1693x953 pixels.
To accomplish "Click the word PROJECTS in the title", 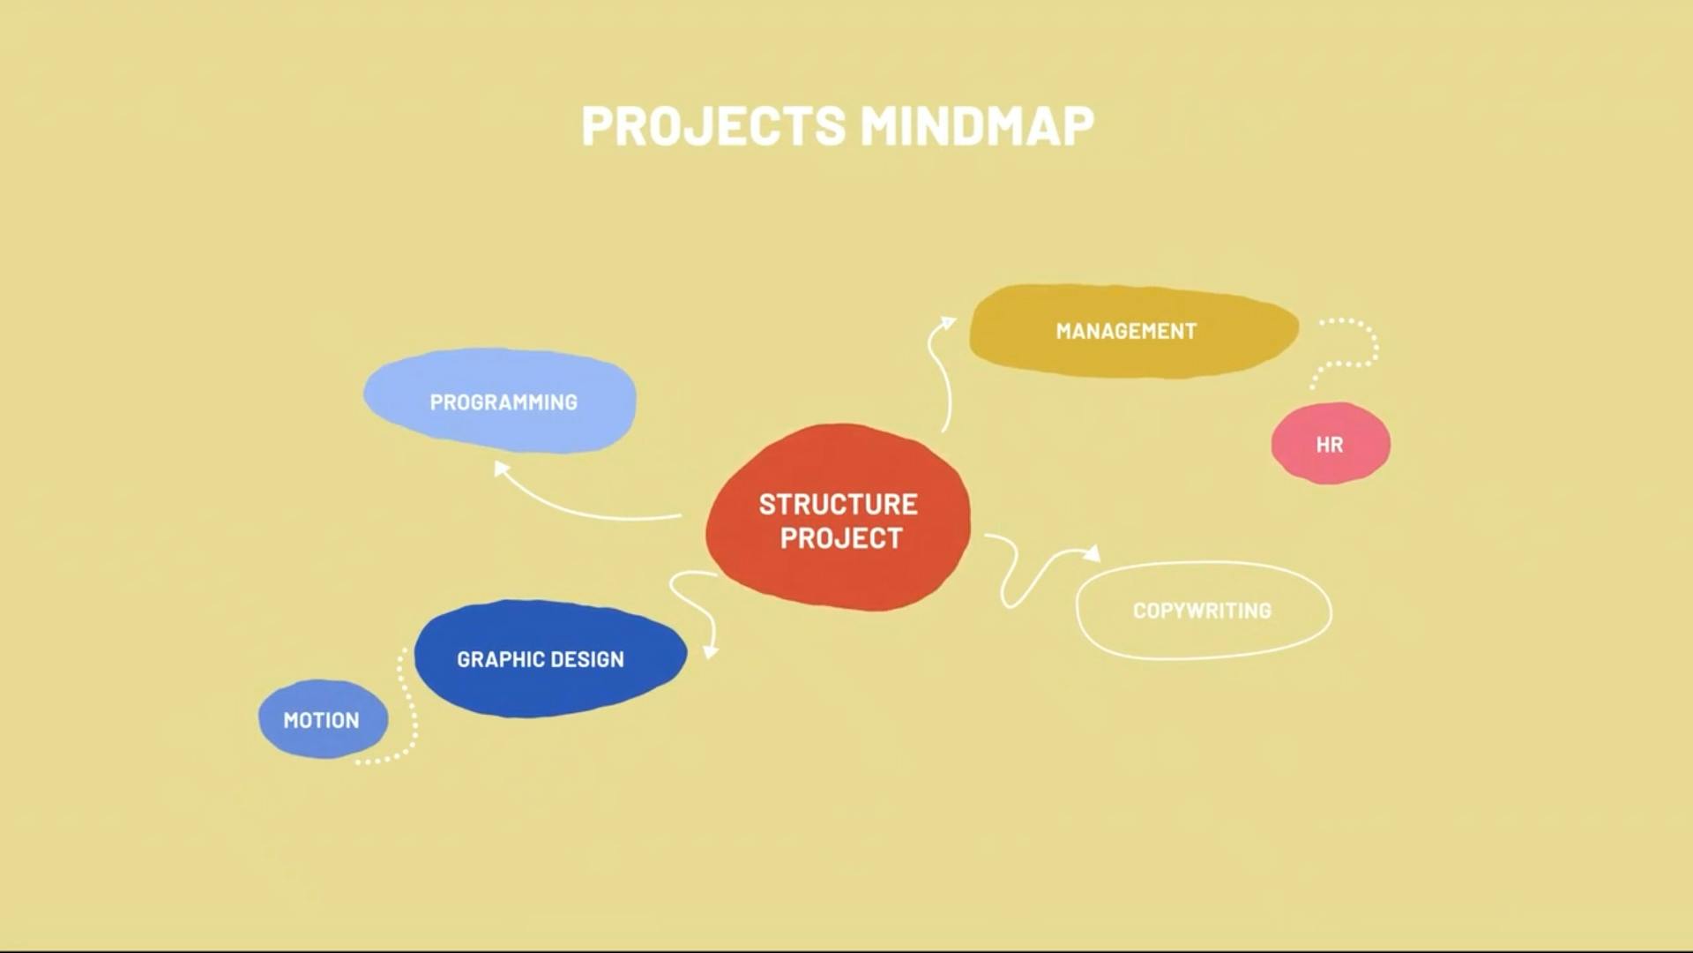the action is tap(713, 125).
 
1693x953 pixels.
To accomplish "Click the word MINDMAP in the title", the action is tap(977, 125).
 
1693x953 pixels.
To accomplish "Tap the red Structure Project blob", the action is tap(838, 517).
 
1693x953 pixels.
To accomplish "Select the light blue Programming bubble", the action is tap(500, 401).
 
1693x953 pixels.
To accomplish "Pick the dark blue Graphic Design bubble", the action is tap(550, 658).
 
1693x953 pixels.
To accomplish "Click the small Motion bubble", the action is tap(323, 719).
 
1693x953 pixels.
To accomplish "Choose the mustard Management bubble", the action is tap(1134, 331).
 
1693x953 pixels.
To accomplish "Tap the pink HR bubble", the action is tap(1331, 443).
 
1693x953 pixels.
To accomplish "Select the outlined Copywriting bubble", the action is tap(1204, 610).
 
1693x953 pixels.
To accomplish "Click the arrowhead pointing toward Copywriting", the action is tap(1093, 552).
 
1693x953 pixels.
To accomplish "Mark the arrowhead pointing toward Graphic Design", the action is tap(711, 651).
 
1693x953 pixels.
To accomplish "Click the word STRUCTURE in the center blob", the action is tap(838, 504).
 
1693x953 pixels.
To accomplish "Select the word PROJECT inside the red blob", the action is tap(841, 537).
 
